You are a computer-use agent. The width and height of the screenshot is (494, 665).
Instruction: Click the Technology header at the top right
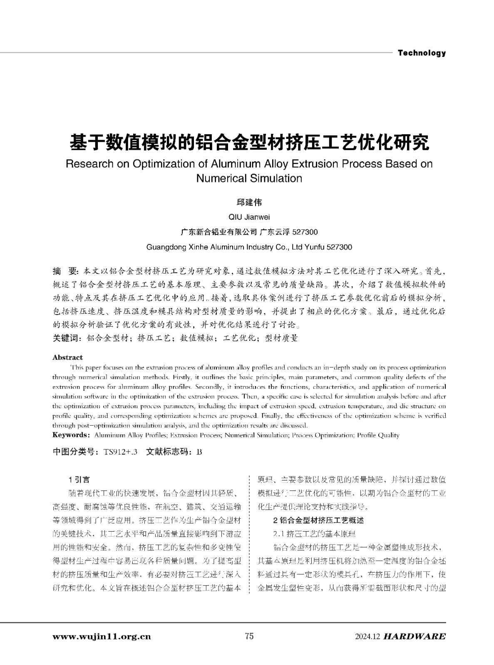422,53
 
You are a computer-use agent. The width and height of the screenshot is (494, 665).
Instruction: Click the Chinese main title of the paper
249,143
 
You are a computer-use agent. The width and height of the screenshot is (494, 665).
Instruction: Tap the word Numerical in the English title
221,179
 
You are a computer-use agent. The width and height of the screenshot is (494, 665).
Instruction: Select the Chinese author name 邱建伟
249,202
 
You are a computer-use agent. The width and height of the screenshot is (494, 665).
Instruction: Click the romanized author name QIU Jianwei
249,217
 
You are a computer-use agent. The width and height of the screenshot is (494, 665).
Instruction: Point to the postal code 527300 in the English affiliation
340,247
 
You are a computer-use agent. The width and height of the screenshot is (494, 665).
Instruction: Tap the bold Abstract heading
67,357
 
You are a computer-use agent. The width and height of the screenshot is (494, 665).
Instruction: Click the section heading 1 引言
79,480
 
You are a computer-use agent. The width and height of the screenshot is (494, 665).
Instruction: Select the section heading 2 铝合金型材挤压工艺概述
318,520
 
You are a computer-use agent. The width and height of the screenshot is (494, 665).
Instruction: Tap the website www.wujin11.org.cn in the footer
102,636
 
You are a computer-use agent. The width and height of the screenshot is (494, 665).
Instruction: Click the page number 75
249,636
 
